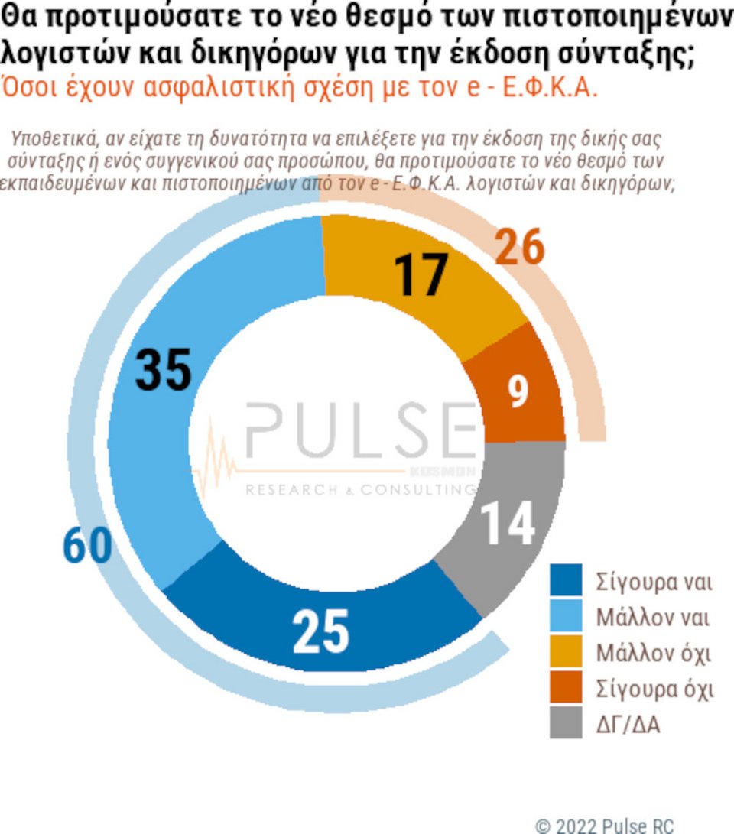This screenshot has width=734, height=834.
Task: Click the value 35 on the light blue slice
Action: click(163, 371)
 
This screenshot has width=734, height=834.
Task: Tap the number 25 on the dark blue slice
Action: click(320, 632)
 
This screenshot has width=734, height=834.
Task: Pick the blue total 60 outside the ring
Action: click(86, 547)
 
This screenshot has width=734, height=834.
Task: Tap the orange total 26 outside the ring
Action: click(519, 248)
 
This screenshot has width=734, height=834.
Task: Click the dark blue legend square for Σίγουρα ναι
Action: click(566, 580)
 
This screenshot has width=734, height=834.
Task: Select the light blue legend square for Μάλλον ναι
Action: click(566, 616)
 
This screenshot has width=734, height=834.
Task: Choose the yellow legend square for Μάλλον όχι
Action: click(566, 652)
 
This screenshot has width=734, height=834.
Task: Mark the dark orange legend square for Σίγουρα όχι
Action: click(566, 687)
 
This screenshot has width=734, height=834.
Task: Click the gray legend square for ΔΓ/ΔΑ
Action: click(566, 723)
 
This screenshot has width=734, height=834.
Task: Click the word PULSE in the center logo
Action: click(359, 431)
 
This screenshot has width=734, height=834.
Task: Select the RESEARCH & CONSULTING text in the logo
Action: click(359, 490)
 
